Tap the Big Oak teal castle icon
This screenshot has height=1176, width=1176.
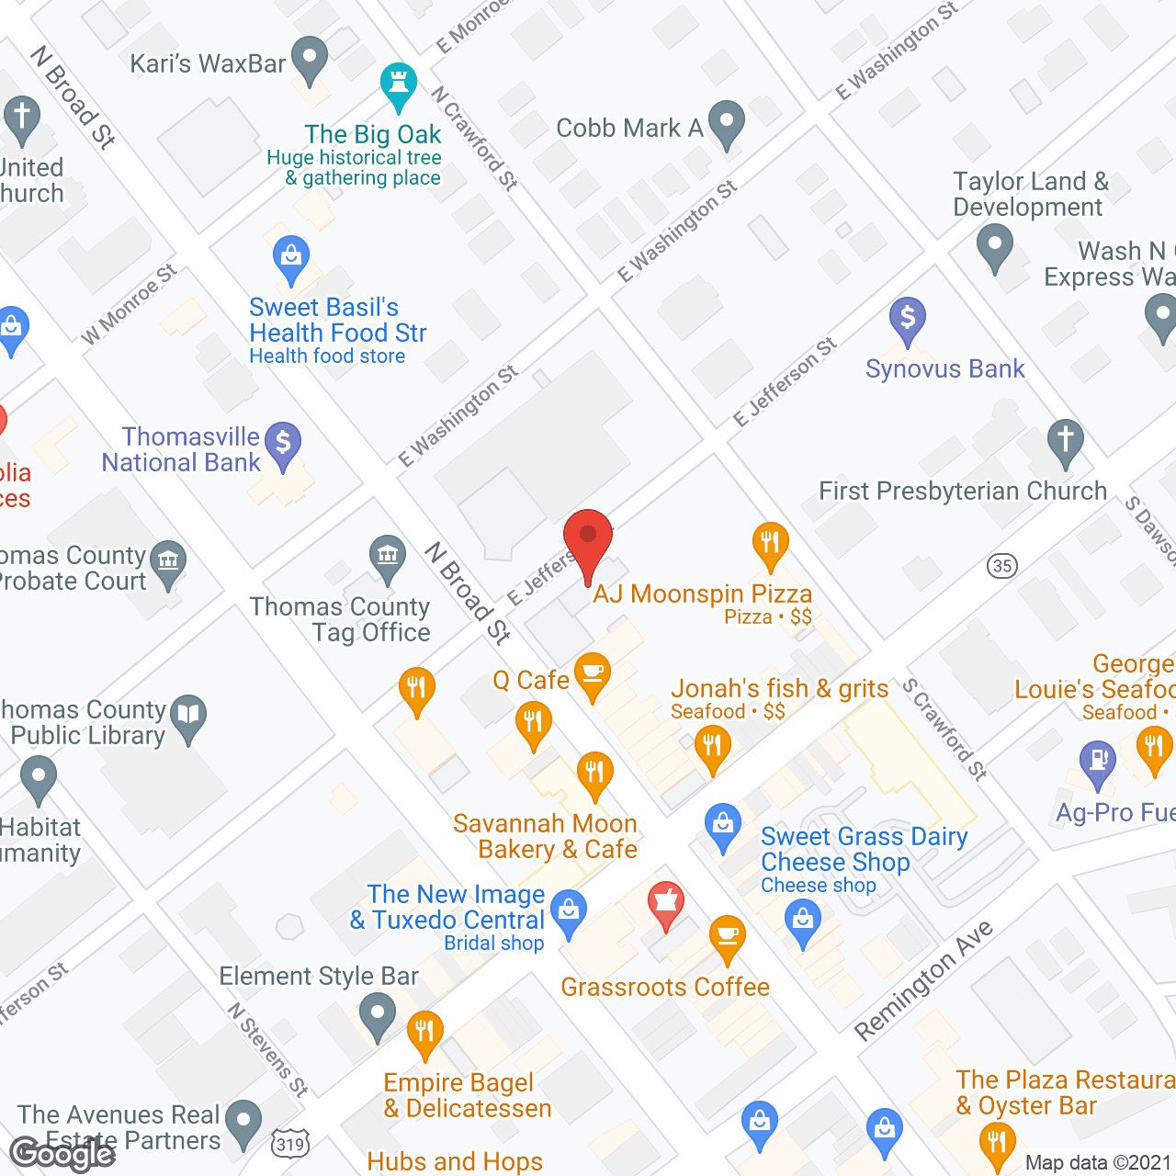pos(398,85)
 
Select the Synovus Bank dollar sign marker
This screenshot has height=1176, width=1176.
pos(907,320)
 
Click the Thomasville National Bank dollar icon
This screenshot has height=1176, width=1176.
pos(283,444)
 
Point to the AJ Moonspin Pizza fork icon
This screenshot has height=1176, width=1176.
pos(770,543)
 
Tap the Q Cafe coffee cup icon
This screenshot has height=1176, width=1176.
pos(593,674)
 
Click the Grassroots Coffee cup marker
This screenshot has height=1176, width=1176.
pos(728,937)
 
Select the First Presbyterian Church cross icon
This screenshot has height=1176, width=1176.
pos(1066,440)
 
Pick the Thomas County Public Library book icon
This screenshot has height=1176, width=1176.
pos(188,716)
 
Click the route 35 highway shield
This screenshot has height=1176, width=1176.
pos(1002,565)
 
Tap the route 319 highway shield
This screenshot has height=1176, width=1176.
pos(289,1144)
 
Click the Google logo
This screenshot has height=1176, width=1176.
pos(62,1154)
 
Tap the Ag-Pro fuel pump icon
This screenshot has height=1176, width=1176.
pos(1097,763)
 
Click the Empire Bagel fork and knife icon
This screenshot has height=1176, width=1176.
pos(424,1032)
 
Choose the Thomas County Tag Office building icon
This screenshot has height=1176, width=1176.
pos(388,557)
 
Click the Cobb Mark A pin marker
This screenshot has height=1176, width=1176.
pos(727,122)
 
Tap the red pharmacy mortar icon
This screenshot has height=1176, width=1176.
pos(666,902)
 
